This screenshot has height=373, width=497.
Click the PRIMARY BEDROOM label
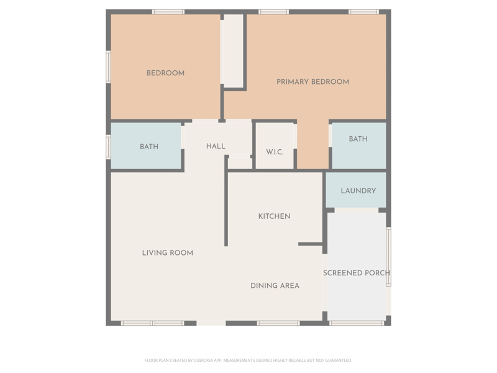click(x=312, y=82)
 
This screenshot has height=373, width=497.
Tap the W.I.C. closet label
click(x=275, y=152)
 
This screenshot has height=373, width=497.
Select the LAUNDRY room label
click(x=358, y=191)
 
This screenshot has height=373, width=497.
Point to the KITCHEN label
click(x=274, y=216)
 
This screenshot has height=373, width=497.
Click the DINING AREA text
click(x=275, y=286)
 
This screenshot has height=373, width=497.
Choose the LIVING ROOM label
click(x=167, y=253)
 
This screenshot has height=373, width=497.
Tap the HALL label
click(x=216, y=146)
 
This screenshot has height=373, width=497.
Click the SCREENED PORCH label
click(x=357, y=273)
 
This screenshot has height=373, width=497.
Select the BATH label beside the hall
click(x=149, y=147)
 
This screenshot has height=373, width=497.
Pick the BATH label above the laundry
click(x=358, y=139)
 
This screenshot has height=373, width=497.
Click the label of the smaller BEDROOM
click(x=165, y=73)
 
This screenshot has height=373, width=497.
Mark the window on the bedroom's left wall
click(x=108, y=67)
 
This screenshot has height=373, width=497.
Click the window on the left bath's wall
click(x=108, y=147)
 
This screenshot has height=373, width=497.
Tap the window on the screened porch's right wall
click(x=389, y=257)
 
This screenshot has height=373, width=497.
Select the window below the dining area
click(x=278, y=323)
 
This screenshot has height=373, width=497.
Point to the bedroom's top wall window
click(x=168, y=12)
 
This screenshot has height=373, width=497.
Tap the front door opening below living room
click(x=211, y=323)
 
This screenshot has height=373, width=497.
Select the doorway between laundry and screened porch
click(x=356, y=210)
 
